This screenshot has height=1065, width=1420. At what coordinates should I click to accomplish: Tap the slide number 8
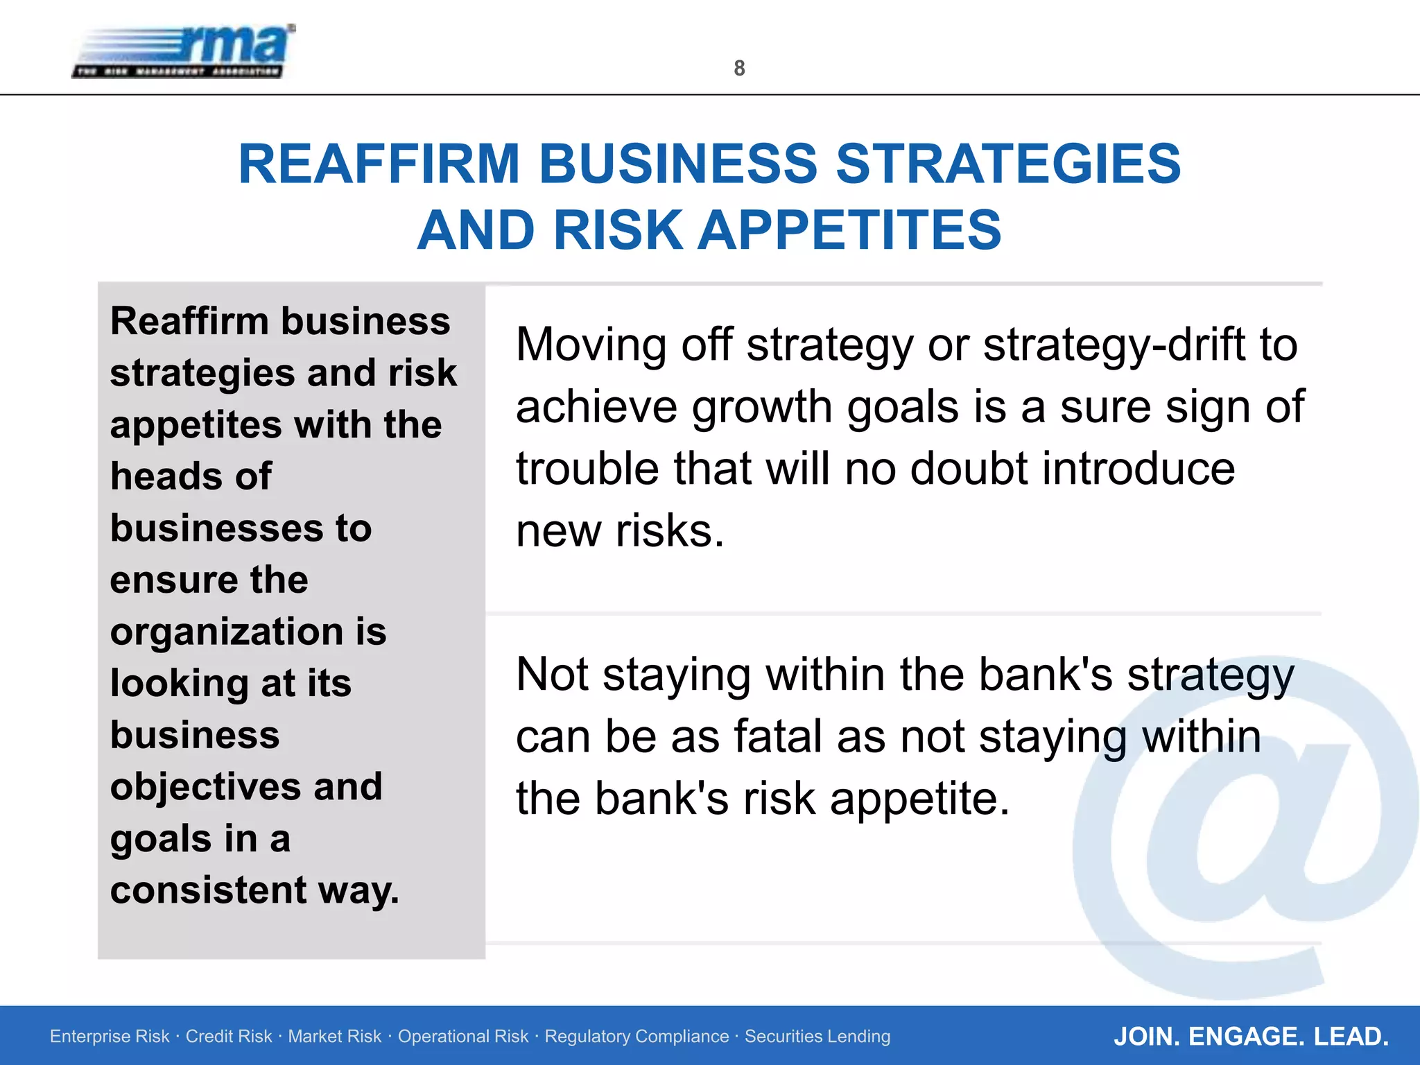tap(739, 68)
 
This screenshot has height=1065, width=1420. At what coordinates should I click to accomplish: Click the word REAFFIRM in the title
tap(379, 164)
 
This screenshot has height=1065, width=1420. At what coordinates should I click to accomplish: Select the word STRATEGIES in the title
tap(1008, 164)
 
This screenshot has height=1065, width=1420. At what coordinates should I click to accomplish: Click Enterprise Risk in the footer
tap(110, 1037)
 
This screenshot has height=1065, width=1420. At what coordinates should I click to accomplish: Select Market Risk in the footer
tap(334, 1037)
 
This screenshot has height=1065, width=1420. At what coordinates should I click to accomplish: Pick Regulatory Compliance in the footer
tap(637, 1037)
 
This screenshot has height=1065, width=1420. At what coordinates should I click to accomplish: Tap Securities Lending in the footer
tap(817, 1037)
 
